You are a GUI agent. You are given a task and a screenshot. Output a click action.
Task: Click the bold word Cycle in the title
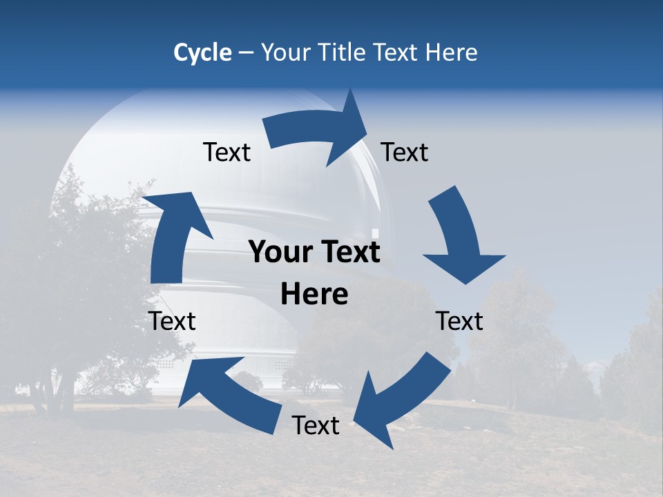tap(202, 52)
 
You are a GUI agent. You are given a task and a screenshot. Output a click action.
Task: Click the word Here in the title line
tap(450, 52)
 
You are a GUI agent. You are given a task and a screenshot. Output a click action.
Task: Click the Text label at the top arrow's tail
tap(227, 152)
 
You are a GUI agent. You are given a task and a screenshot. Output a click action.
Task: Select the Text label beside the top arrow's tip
tap(405, 152)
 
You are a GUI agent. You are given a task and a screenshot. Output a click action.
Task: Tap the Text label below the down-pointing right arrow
tap(460, 321)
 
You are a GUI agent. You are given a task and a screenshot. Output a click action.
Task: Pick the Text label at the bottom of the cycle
tap(316, 426)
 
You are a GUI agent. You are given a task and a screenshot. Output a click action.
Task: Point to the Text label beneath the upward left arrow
tap(172, 321)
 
